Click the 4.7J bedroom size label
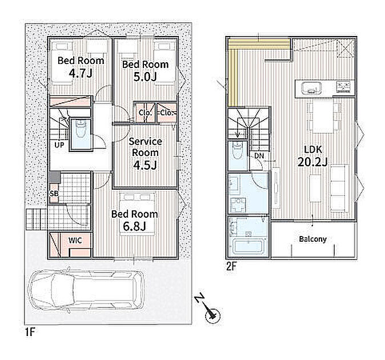click(x=81, y=73)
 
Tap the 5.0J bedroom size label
click(x=145, y=77)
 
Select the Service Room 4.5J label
click(x=145, y=154)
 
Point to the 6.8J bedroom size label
click(x=135, y=226)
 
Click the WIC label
click(x=75, y=241)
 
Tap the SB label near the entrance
click(x=54, y=194)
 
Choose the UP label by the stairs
click(x=59, y=145)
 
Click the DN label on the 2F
click(x=259, y=155)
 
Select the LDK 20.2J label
click(x=312, y=156)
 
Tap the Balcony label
click(x=313, y=239)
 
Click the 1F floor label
click(x=30, y=332)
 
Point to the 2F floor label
click(x=231, y=266)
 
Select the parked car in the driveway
click(x=86, y=291)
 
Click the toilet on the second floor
click(x=237, y=150)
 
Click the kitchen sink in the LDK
click(x=311, y=87)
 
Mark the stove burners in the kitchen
click(x=344, y=86)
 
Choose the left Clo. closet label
click(x=145, y=113)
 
